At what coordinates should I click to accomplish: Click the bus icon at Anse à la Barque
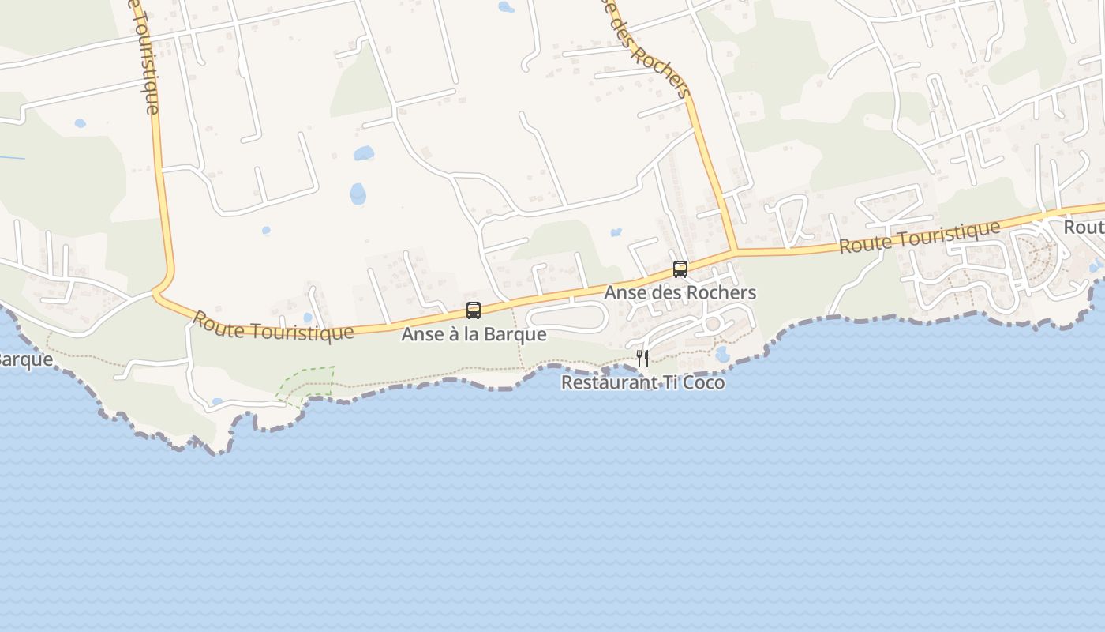[x=474, y=310]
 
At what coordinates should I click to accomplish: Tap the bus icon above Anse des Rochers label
[x=680, y=269]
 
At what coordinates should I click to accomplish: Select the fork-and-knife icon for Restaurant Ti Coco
[x=642, y=359]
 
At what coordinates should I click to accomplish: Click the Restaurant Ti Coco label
[x=642, y=383]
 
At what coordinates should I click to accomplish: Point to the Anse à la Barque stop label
[x=474, y=334]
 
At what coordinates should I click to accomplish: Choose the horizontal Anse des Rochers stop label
[x=680, y=292]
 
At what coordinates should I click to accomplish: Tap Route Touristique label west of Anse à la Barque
[x=273, y=325]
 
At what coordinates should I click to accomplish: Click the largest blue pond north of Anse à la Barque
[x=358, y=193]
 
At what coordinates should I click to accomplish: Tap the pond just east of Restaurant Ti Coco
[x=722, y=353]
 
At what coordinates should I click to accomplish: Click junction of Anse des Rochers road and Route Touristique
[x=735, y=252]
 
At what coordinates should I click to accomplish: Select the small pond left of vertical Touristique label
[x=80, y=123]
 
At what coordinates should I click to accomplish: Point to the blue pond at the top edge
[x=506, y=7]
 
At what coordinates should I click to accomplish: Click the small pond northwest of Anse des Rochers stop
[x=616, y=232]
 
